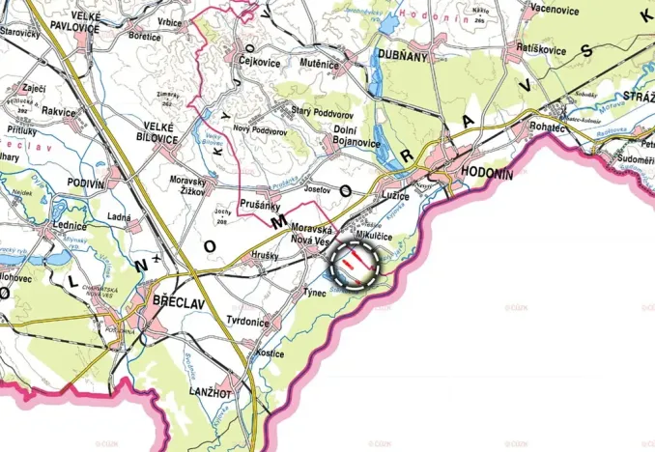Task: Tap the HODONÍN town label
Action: tap(487, 172)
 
